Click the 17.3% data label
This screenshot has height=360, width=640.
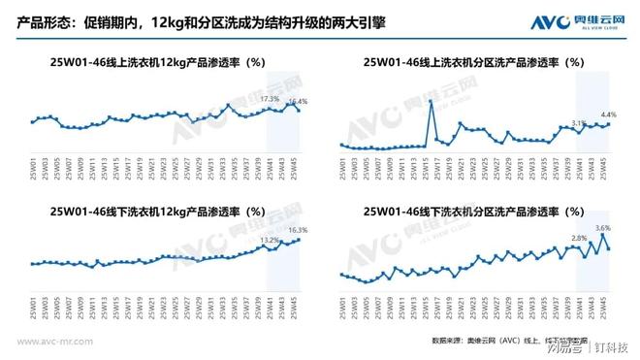[x=270, y=98]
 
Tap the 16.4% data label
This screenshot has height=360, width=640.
[x=297, y=101]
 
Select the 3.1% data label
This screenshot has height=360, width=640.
[x=579, y=122]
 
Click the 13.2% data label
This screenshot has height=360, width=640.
[x=270, y=239]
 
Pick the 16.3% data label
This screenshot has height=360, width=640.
[x=298, y=230]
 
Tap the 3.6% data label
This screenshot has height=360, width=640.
[x=603, y=227]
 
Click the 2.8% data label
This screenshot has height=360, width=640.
[x=579, y=238]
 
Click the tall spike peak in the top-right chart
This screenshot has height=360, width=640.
[x=430, y=100]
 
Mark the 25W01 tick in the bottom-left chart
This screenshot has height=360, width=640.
[x=33, y=308]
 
